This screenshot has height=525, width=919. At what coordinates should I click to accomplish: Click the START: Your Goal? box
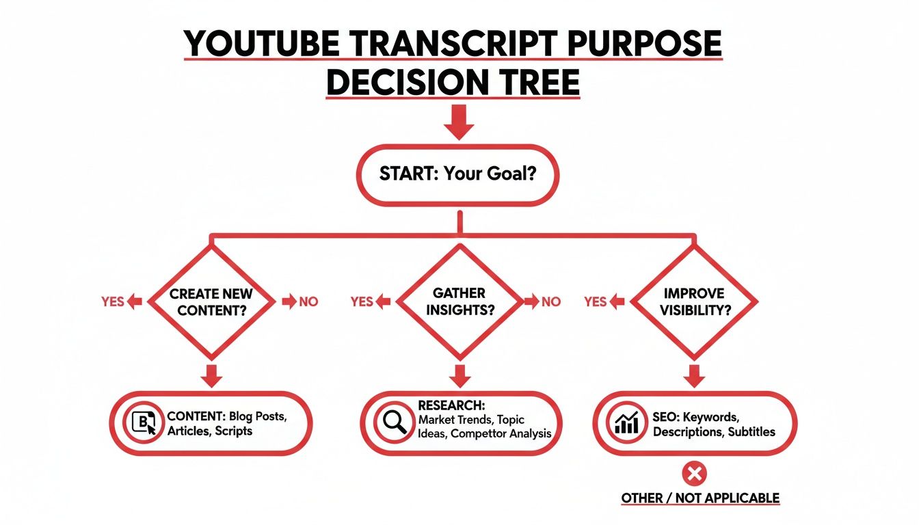(x=457, y=174)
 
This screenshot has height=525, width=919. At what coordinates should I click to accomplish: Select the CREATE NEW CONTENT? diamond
(x=211, y=301)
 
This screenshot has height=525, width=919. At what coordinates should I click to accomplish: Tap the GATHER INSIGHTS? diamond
(x=459, y=301)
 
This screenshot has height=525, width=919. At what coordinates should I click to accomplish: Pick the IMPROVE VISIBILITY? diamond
(x=693, y=301)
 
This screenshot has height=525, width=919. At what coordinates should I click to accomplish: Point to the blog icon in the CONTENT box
(x=144, y=423)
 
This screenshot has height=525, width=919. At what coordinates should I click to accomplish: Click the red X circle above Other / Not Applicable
(x=695, y=473)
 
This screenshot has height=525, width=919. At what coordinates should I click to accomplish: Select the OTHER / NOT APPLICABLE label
(x=700, y=498)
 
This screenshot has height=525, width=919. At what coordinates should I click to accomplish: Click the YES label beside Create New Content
(x=112, y=301)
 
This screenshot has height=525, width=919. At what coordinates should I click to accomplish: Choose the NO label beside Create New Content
(x=308, y=301)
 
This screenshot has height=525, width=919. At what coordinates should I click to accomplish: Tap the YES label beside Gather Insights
(x=361, y=301)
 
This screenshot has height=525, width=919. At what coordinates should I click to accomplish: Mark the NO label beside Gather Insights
(x=550, y=301)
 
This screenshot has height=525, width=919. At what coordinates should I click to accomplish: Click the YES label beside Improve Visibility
(x=596, y=301)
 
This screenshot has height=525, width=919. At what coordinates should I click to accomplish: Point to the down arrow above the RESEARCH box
(x=459, y=375)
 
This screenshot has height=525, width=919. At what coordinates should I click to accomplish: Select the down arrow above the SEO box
(x=693, y=375)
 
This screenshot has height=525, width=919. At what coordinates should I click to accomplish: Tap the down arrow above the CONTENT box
(x=211, y=375)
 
